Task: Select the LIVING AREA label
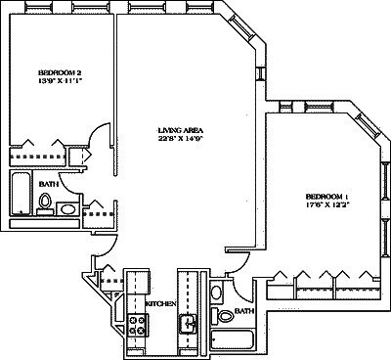click(x=180, y=129)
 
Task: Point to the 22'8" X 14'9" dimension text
click(x=180, y=140)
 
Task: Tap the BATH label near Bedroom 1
click(x=243, y=311)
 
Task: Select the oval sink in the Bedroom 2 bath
click(x=67, y=208)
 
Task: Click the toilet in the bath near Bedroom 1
click(x=224, y=315)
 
